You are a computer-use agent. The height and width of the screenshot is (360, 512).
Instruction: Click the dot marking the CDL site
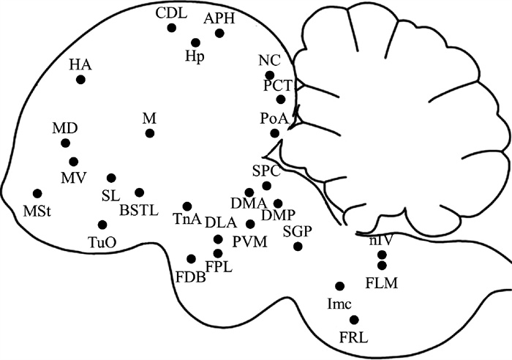point(172,28)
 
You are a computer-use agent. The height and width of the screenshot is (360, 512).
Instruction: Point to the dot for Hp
point(195,42)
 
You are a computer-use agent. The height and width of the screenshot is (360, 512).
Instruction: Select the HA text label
point(80,64)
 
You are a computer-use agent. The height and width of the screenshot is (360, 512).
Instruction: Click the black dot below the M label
point(150,133)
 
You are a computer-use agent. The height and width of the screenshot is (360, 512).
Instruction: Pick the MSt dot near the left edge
point(37,193)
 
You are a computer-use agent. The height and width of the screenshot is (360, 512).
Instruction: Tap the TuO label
point(102,241)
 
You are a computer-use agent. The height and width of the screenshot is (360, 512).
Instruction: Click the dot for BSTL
point(139,192)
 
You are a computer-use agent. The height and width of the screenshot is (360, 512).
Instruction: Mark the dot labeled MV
point(73,161)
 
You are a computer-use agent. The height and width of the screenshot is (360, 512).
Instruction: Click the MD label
point(64,129)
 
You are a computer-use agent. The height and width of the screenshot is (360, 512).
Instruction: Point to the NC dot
point(270,75)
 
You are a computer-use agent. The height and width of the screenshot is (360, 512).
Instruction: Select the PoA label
point(274,117)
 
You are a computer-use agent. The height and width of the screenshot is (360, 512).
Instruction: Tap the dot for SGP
point(298,246)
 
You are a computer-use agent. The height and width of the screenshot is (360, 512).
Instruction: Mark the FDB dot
point(192,259)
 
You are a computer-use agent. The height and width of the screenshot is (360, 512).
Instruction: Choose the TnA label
point(187,220)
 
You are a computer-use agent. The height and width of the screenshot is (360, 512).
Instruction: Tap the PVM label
point(250,241)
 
